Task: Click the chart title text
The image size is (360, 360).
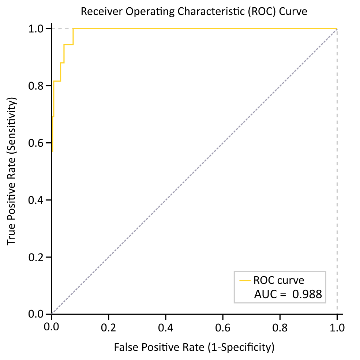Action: click(194, 12)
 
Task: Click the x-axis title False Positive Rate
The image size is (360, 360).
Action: click(194, 346)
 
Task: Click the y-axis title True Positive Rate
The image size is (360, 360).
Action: click(12, 171)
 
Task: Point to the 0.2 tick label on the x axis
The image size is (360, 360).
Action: click(108, 326)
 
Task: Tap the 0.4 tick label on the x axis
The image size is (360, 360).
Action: click(165, 326)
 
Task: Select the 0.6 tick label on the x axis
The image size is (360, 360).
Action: click(222, 326)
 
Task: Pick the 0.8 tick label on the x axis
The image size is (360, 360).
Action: click(280, 326)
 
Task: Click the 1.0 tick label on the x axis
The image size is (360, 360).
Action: click(337, 326)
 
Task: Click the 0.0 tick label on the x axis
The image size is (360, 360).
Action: click(51, 326)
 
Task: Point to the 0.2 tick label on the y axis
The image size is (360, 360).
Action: click(38, 257)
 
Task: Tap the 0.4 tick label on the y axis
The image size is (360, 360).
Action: click(38, 200)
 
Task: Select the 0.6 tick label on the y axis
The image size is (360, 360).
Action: click(38, 143)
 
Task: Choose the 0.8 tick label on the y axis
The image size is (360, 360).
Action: click(38, 86)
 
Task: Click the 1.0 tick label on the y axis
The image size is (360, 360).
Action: click(38, 29)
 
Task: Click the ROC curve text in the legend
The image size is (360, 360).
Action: click(279, 281)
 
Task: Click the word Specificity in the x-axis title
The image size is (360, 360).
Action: click(247, 346)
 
